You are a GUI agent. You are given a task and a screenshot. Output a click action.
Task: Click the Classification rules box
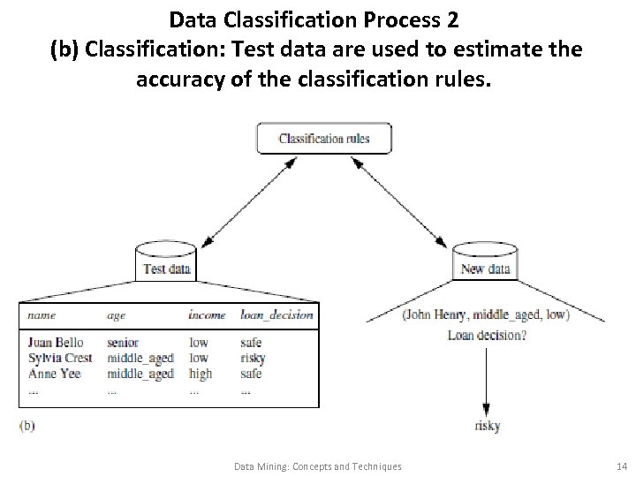point(323,138)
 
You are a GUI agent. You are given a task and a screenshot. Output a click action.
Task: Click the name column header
point(41,314)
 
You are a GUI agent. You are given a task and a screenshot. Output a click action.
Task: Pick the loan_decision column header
point(276,314)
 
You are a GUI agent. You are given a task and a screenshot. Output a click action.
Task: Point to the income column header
point(207,314)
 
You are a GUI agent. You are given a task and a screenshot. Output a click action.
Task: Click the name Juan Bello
point(55,343)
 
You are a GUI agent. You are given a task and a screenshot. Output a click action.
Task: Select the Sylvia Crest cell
point(59,358)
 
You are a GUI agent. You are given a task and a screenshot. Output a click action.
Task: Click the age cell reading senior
point(123,343)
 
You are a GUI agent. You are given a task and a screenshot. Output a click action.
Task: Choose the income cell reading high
point(201,373)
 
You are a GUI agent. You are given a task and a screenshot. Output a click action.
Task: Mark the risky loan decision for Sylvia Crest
point(252,358)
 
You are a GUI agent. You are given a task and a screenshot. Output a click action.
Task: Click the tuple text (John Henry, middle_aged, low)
point(485,314)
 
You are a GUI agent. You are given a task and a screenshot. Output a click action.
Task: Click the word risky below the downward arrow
point(487,426)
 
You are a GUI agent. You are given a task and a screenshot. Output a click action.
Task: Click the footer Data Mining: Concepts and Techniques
point(318,466)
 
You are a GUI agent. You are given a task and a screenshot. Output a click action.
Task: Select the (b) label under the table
point(26,425)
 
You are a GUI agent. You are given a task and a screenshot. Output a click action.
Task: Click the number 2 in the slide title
point(451,18)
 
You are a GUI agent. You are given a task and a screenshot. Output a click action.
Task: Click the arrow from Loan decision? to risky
point(485,380)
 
